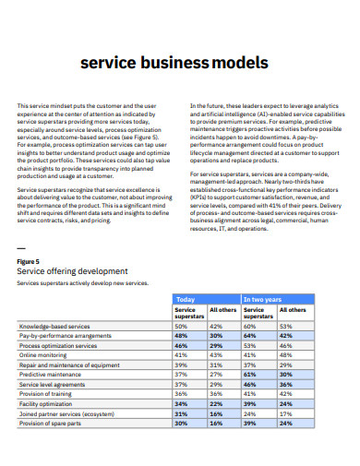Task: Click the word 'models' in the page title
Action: click(243, 63)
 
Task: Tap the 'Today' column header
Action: click(186, 300)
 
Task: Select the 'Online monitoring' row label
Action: click(43, 355)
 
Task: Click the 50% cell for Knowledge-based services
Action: click(181, 327)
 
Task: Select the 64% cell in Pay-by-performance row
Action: click(249, 336)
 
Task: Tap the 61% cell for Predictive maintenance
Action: click(249, 375)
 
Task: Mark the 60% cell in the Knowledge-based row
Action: click(249, 327)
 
